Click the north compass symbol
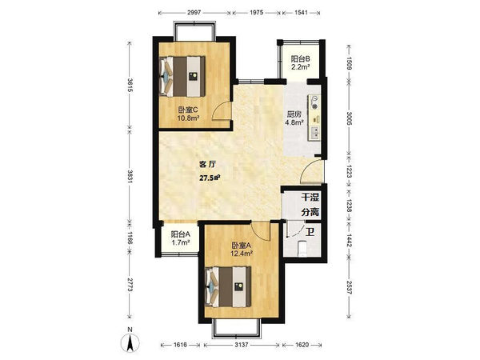130,341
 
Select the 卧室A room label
242,246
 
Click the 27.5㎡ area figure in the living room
210,178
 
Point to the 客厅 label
207,164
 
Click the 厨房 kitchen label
294,114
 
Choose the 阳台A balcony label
181,234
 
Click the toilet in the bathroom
302,248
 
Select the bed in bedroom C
182,76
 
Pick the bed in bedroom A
228,286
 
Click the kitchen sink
314,133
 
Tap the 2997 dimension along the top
194,13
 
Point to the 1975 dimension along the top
257,13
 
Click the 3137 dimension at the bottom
242,345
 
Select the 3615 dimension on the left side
130,86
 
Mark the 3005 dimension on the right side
350,118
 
